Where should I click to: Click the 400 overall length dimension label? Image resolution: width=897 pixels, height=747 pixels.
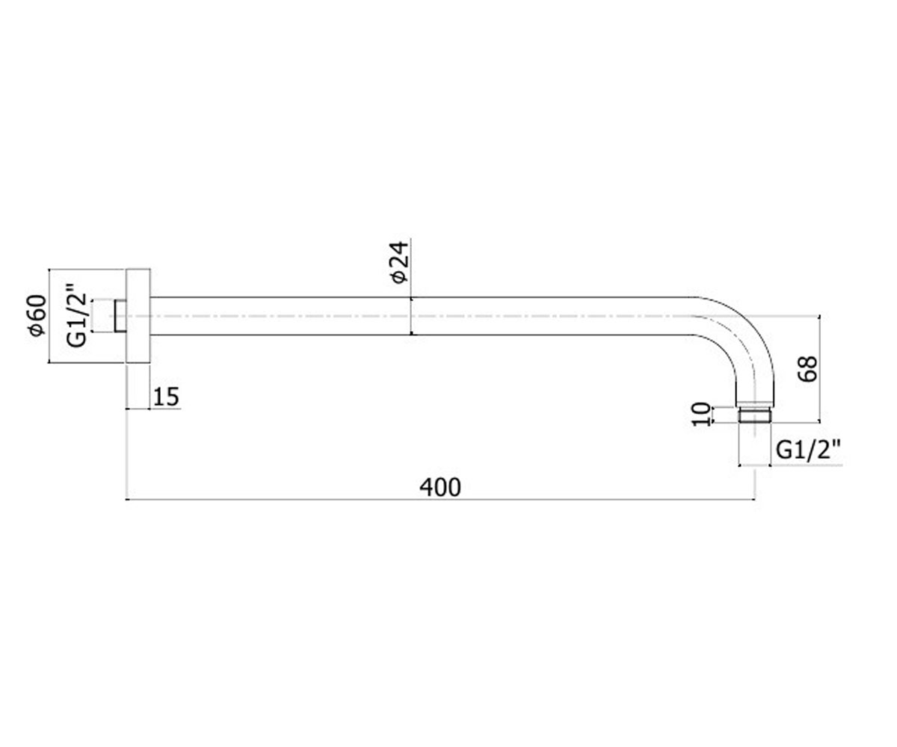coord(440,487)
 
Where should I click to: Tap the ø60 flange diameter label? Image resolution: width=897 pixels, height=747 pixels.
coord(37,315)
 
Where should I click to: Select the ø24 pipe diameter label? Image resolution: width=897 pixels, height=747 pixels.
coord(399,262)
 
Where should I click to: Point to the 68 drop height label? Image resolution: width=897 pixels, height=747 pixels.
coord(807,369)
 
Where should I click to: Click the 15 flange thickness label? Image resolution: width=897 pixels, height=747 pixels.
coord(166,397)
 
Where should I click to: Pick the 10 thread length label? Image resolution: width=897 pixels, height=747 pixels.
coord(702,415)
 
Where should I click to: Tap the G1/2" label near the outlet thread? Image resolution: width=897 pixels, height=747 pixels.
coord(808,450)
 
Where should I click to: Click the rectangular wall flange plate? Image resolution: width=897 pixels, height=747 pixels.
coord(138,316)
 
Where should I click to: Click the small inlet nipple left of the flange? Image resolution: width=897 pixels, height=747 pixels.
coord(120,316)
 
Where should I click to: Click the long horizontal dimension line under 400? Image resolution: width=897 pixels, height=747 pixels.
coord(441,500)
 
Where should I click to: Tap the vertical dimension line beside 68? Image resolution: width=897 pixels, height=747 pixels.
coord(820,369)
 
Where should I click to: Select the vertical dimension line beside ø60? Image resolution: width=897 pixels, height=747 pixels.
coord(50,316)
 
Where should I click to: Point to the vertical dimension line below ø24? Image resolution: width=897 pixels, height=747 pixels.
coord(411,315)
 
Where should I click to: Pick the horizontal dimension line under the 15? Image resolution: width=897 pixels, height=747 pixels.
coord(153,409)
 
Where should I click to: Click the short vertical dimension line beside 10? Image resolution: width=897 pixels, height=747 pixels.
coord(712,415)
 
